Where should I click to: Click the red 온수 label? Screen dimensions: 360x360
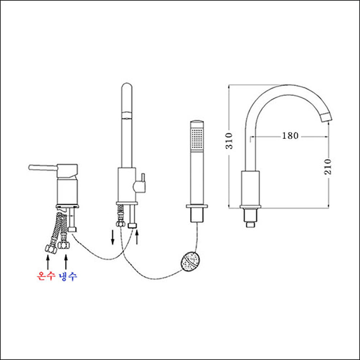pyautogui.click(x=45, y=276)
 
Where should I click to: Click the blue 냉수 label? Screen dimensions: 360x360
pyautogui.click(x=67, y=276)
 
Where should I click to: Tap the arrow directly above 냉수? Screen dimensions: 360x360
pyautogui.click(x=66, y=260)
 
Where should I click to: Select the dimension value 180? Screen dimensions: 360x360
pyautogui.click(x=290, y=136)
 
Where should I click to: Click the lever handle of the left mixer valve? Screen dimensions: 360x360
pyautogui.click(x=44, y=167)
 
